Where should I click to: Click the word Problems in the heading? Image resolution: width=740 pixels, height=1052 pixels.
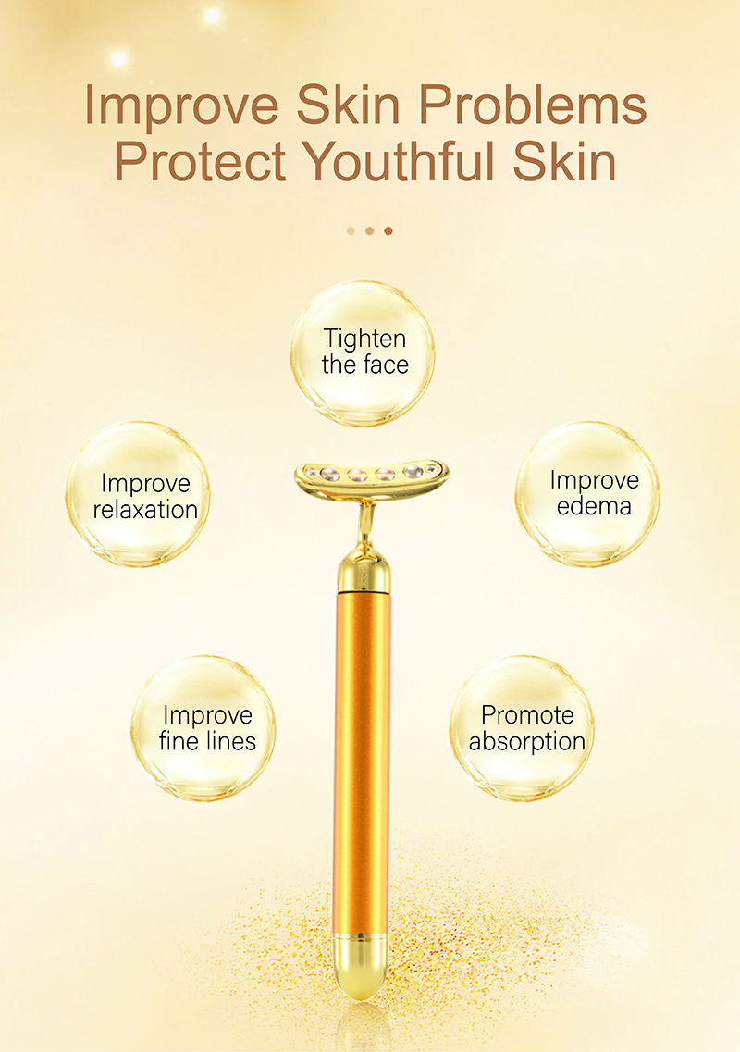click(x=533, y=106)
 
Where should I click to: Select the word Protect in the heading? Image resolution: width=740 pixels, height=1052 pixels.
click(x=200, y=161)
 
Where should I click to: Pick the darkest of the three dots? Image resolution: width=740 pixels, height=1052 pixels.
click(x=388, y=230)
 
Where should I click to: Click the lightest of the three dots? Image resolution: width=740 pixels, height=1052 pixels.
click(x=351, y=230)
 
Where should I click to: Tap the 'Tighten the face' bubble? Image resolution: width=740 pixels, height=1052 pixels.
click(x=363, y=353)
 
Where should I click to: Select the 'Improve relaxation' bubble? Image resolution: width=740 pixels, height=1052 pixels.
click(x=138, y=494)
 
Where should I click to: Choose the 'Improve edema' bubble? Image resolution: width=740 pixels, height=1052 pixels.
click(x=587, y=494)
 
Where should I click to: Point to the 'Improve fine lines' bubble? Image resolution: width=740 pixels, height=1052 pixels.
click(x=203, y=728)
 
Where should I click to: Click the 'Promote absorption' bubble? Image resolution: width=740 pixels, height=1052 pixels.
click(x=522, y=728)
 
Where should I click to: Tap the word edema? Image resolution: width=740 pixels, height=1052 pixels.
click(x=595, y=506)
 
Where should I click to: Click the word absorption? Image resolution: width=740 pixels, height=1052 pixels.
click(x=527, y=742)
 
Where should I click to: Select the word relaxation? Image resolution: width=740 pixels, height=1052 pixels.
click(x=145, y=510)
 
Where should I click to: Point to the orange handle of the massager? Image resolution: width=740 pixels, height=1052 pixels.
click(x=362, y=761)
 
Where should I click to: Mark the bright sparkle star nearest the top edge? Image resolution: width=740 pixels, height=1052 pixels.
click(x=212, y=16)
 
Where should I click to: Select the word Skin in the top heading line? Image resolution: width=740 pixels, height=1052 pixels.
click(x=348, y=106)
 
